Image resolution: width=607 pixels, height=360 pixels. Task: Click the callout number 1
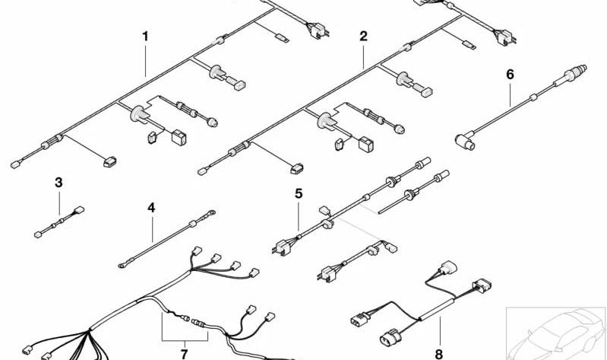coord(145,37)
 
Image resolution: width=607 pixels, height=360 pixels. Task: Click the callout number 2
coord(363,37)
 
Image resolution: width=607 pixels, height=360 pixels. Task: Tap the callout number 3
coord(58,183)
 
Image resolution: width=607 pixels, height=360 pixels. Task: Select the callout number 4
coord(151,208)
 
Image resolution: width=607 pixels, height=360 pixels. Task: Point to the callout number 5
coord(299,193)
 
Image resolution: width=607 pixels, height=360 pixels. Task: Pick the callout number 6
coord(511,74)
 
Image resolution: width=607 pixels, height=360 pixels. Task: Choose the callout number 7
coord(184,354)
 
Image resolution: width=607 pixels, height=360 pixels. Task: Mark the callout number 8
coord(438,354)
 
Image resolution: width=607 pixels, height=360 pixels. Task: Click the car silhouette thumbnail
coord(556,333)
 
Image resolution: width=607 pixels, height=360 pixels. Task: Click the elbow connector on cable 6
coord(465,141)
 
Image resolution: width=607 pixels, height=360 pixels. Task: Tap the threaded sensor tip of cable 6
coord(577,72)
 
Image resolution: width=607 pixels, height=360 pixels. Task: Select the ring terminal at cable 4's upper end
coord(211,212)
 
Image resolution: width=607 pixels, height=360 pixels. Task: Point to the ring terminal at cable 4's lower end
coord(122,266)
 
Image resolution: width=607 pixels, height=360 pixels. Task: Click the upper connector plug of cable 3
coord(79,210)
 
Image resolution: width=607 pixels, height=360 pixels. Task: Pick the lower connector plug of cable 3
coord(38,234)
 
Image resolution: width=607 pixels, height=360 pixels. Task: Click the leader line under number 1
coord(146,60)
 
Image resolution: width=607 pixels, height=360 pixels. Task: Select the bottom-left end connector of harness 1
coord(15,165)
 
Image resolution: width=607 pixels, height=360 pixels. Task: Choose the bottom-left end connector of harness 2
coord(201,171)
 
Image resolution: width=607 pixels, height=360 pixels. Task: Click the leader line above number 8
coord(440,332)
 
